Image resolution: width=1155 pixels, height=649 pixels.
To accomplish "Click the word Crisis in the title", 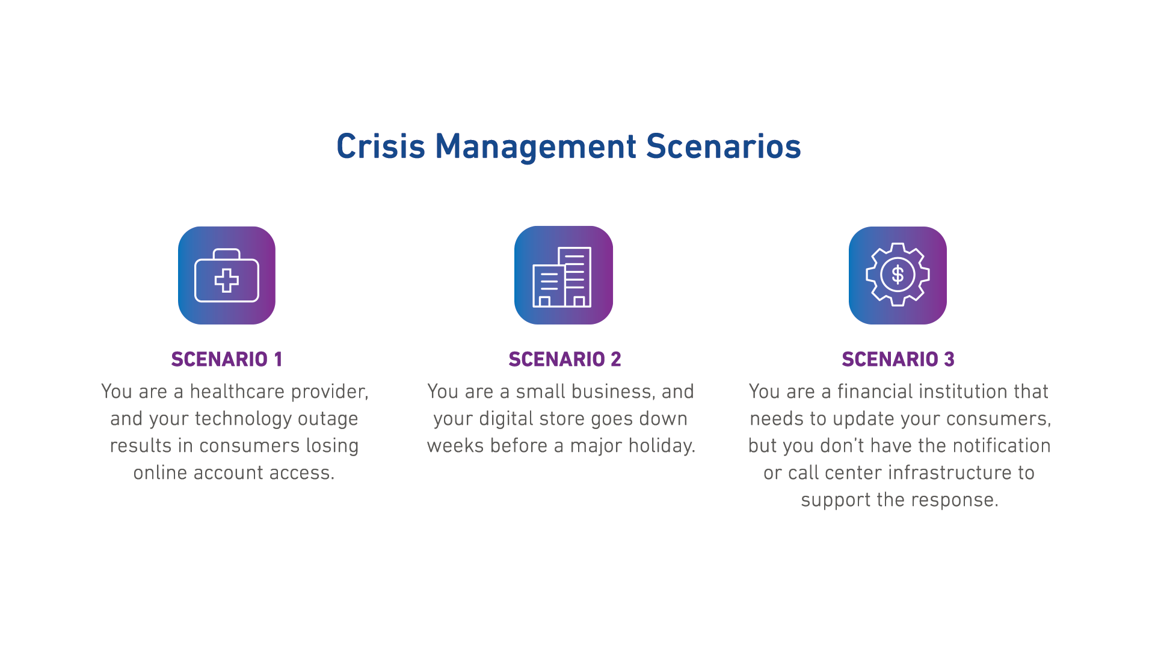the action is click(380, 147).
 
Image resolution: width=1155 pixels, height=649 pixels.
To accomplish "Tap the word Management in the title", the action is click(535, 147).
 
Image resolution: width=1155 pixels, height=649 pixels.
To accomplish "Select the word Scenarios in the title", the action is click(723, 147).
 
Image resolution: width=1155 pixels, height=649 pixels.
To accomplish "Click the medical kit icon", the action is click(227, 275).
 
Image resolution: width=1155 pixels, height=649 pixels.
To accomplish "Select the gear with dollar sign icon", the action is click(898, 275).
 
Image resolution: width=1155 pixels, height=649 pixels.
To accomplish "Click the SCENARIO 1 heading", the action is click(227, 359).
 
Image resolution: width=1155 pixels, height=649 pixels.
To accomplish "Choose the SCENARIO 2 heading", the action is click(565, 359).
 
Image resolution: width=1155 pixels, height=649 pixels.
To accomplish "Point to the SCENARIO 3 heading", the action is click(898, 359).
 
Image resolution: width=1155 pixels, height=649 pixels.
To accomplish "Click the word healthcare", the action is click(237, 392).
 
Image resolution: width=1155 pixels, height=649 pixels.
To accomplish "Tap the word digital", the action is click(502, 419).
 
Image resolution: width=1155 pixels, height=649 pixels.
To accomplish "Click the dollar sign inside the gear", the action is click(898, 275).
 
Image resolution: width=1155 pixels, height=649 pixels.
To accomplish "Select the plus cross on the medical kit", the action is click(227, 281).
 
